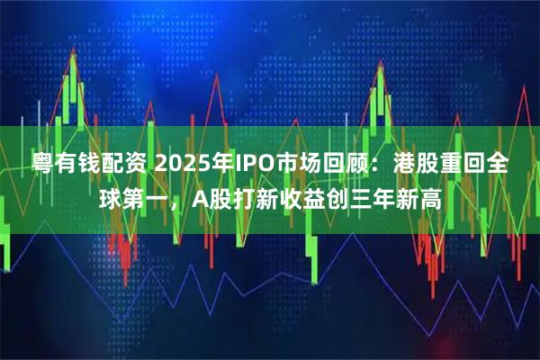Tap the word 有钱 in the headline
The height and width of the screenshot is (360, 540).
(76, 166)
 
